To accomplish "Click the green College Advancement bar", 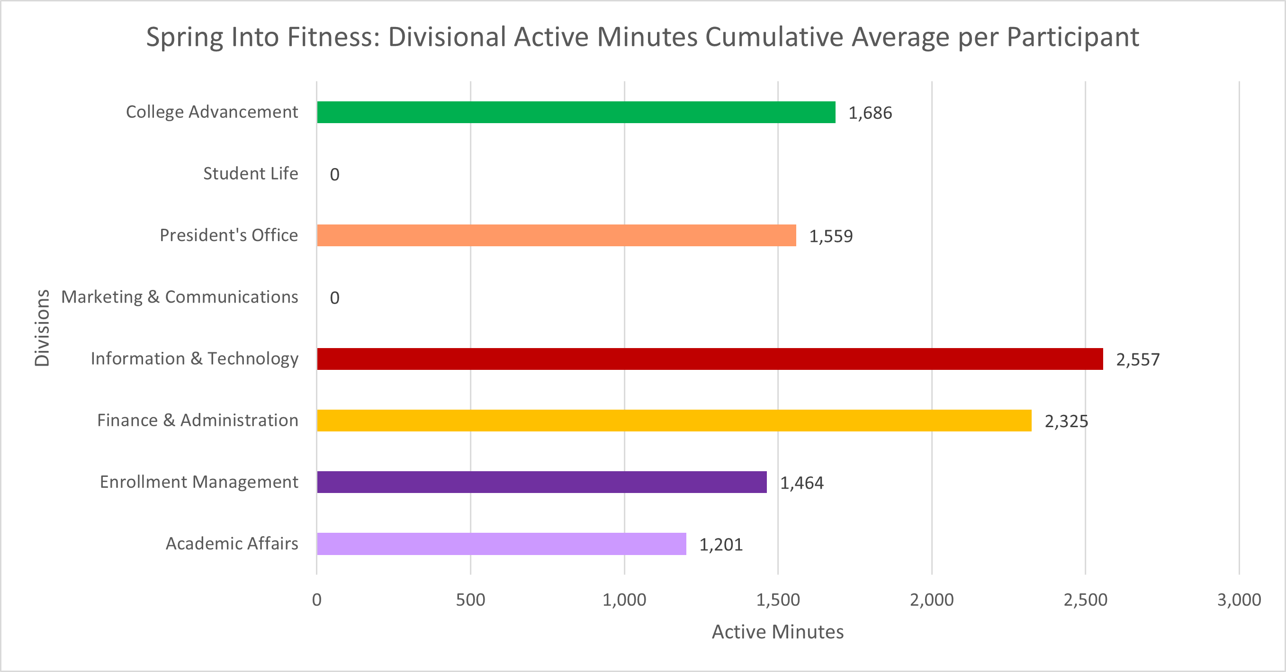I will pyautogui.click(x=576, y=112).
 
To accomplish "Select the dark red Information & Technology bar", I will pyautogui.click(x=710, y=359).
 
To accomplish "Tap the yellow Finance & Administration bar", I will pyautogui.click(x=674, y=421).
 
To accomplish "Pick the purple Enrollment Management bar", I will pyautogui.click(x=542, y=482).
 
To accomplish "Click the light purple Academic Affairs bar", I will pyautogui.click(x=501, y=544).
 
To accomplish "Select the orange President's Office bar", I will pyautogui.click(x=556, y=235).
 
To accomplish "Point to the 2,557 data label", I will pyautogui.click(x=1138, y=359).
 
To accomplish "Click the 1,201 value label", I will pyautogui.click(x=720, y=545).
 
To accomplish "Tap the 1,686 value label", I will pyautogui.click(x=870, y=113).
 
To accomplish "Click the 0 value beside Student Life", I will pyautogui.click(x=334, y=175).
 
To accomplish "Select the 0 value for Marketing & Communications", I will pyautogui.click(x=334, y=298).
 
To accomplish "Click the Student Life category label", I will pyautogui.click(x=250, y=174).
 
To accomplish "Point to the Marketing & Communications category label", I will pyautogui.click(x=179, y=297).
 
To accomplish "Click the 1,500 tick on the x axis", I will pyautogui.click(x=778, y=600).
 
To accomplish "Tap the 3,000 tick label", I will pyautogui.click(x=1239, y=600).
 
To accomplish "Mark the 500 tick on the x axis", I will pyautogui.click(x=470, y=600).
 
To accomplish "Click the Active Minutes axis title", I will pyautogui.click(x=777, y=632).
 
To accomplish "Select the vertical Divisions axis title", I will pyautogui.click(x=42, y=328).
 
